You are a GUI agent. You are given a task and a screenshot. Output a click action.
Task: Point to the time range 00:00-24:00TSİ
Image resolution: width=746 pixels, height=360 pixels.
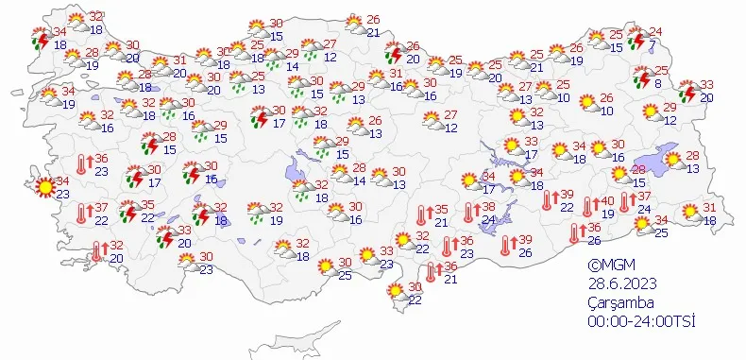tap(642, 321)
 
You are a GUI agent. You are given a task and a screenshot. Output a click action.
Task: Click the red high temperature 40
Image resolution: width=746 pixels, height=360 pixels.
tap(608, 200)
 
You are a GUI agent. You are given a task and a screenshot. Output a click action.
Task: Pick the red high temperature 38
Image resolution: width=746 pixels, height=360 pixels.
tap(489, 207)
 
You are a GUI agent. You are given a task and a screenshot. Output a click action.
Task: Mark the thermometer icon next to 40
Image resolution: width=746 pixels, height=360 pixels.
tap(590, 207)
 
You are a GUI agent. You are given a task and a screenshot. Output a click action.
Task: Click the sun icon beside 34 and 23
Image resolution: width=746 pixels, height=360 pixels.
tap(43, 187)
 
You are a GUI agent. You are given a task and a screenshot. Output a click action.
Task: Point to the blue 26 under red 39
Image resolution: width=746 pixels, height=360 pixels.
tap(526, 253)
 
